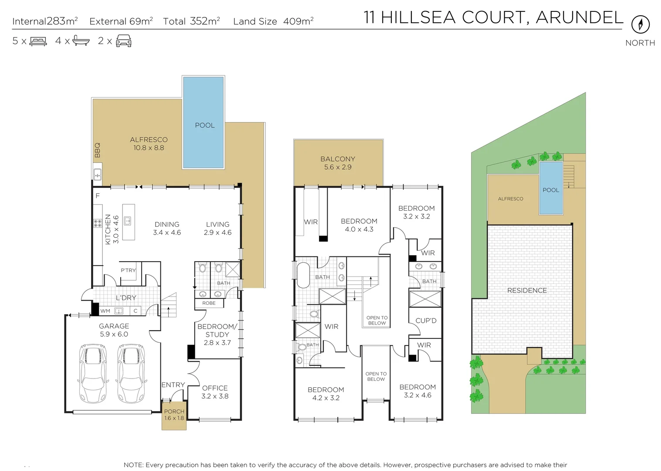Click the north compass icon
pos(641,24)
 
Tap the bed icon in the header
pos(38,41)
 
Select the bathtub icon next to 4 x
pos(81,41)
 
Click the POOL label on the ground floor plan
pos(205,125)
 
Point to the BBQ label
pos(97,150)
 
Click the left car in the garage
pos(93,373)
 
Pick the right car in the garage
pos(132,373)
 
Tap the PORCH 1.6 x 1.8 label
pos(174,415)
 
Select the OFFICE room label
pos(215,388)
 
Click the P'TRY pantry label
pos(128,270)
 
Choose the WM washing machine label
pos(105,311)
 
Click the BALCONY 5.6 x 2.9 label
pos(338,163)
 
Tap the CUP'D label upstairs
pos(426,321)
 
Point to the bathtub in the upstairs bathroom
pos(303,275)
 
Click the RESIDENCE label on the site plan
pos(527,290)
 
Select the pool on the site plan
pos(551,188)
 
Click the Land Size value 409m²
pos(298,20)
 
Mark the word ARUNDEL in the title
pos(579,17)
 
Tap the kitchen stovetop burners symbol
pos(98,223)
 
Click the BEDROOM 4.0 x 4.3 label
pos(359,225)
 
